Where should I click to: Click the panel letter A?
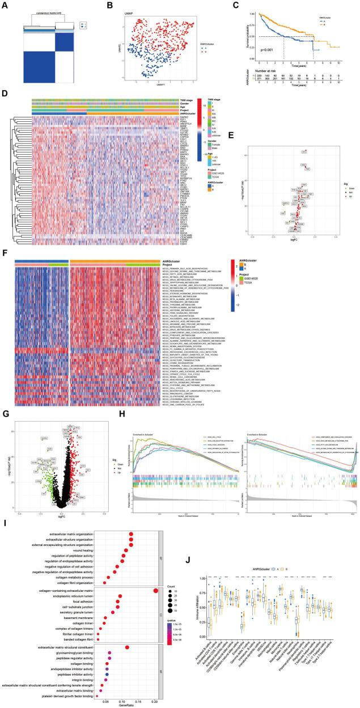(x=4, y=5)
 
